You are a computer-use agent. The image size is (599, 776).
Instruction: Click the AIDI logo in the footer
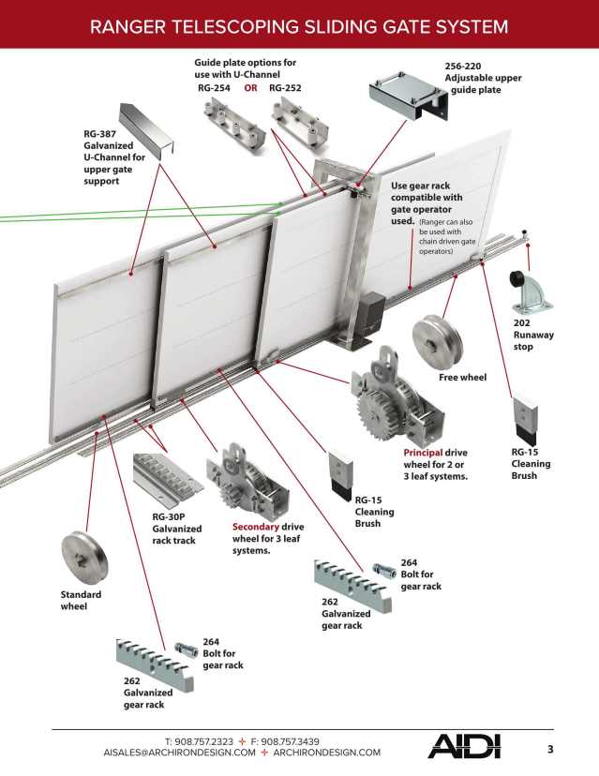click(x=464, y=746)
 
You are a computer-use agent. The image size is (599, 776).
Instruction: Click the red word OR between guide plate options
click(x=250, y=87)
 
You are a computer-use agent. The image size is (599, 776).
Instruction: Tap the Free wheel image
click(x=436, y=339)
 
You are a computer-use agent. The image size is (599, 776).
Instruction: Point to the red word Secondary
click(x=255, y=527)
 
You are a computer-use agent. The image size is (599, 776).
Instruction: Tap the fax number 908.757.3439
click(x=287, y=741)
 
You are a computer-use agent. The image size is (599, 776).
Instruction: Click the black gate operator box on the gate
click(x=371, y=311)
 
